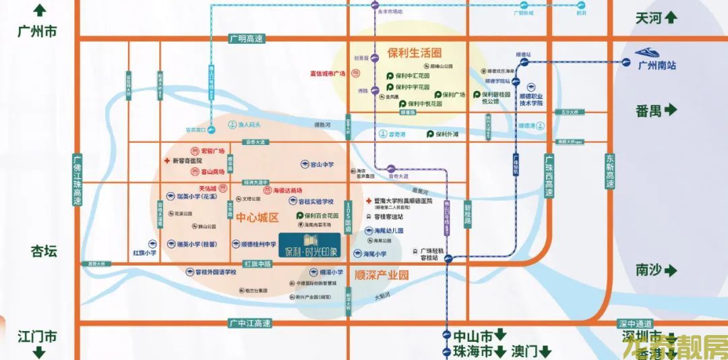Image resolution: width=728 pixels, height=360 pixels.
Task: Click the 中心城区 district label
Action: pos(257,218)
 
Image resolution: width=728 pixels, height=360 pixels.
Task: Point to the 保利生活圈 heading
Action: pos(414,52)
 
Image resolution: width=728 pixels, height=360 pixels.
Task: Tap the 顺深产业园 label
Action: pos(382,275)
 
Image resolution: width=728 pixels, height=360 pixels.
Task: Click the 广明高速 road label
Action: pos(246,39)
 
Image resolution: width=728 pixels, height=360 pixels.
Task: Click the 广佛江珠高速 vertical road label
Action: pos(78,180)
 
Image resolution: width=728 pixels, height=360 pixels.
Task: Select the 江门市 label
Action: pos(38,336)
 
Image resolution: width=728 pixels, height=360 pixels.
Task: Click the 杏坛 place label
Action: pos(44,251)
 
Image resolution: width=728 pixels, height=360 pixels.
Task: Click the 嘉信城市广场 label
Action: pos(327,73)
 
